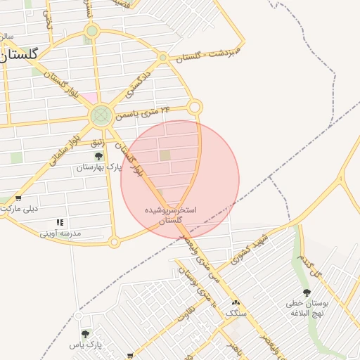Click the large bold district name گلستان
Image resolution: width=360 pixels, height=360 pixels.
(17, 54)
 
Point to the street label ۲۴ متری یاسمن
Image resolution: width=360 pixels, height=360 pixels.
(145, 112)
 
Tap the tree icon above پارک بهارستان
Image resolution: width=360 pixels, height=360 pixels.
(98, 156)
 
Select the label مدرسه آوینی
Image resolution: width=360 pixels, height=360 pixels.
(60, 233)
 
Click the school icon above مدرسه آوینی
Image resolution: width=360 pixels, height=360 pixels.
(60, 222)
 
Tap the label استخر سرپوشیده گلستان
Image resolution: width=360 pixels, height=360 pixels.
(170, 215)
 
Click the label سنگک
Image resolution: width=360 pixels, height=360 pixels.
(236, 312)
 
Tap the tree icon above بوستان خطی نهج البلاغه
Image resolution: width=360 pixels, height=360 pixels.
(307, 292)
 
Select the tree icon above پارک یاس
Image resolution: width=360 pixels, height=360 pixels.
(85, 334)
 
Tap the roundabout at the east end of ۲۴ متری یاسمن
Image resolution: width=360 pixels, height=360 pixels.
(195, 107)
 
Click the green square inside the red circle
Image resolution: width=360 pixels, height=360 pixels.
(165, 155)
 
